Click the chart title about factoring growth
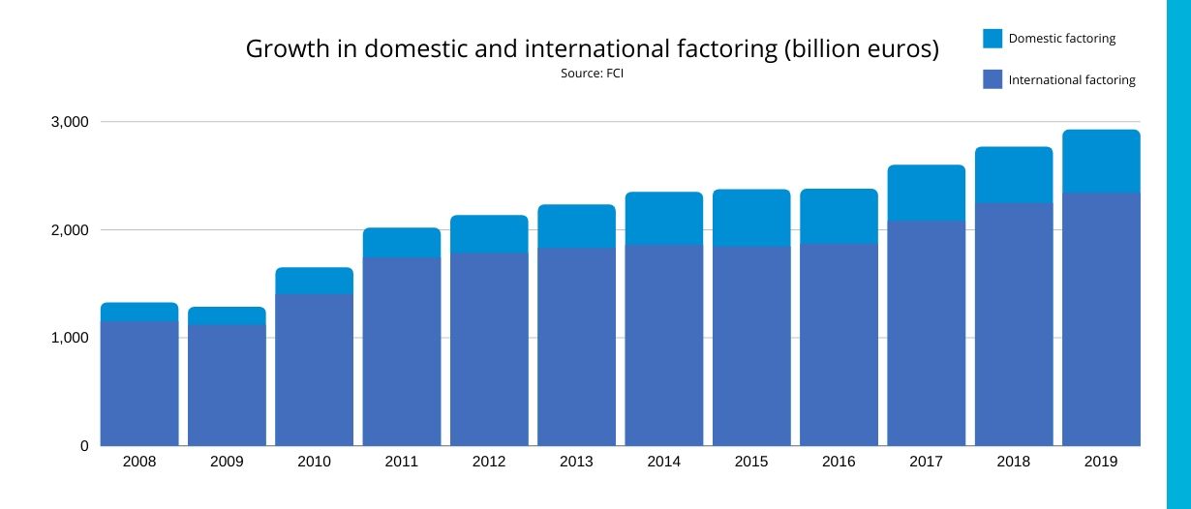click(x=592, y=49)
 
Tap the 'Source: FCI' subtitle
click(x=592, y=74)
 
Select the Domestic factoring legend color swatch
click(x=992, y=39)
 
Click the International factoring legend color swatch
click(x=992, y=79)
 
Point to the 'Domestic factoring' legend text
click(x=1061, y=39)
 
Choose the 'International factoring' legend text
click(x=1071, y=80)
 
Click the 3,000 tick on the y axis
click(x=70, y=122)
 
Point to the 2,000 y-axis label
click(x=70, y=230)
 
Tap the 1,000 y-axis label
click(x=70, y=338)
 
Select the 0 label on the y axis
click(x=84, y=446)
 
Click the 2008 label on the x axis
click(x=139, y=462)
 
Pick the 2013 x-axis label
click(x=576, y=462)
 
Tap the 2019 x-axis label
click(x=1101, y=462)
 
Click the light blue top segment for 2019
click(x=1101, y=162)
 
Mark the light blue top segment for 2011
click(x=402, y=243)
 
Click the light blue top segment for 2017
click(x=926, y=193)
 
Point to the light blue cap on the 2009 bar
click(x=227, y=315)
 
